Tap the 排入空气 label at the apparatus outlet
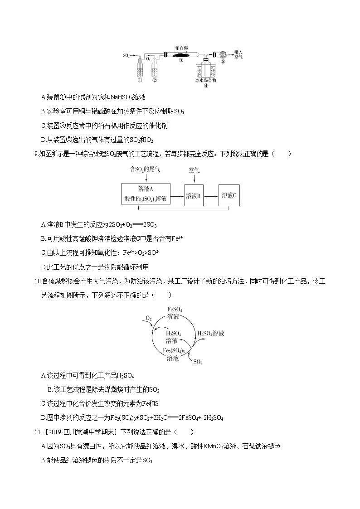click(x=238, y=55)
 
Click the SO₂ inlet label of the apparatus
click(x=126, y=55)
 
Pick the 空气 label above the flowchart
click(x=194, y=170)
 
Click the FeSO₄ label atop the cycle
click(x=175, y=310)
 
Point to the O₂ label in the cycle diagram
click(x=148, y=319)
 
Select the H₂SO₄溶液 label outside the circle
click(x=211, y=333)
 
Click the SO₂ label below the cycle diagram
click(x=198, y=362)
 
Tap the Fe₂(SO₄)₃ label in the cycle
click(x=172, y=350)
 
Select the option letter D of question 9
click(x=43, y=267)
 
